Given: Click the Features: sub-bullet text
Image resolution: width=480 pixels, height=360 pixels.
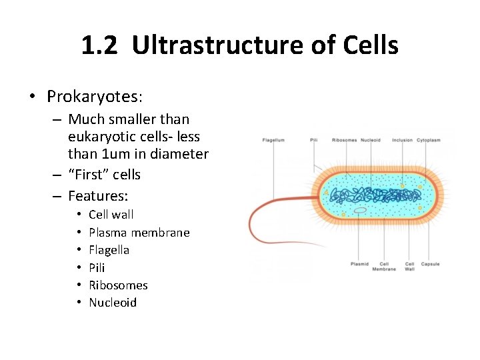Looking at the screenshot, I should click(98, 196).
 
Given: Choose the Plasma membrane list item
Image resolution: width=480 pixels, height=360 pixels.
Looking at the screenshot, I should click(139, 233).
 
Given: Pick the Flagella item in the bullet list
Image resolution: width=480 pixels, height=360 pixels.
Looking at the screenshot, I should click(109, 250).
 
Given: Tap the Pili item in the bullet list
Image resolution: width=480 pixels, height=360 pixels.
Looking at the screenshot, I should click(97, 268).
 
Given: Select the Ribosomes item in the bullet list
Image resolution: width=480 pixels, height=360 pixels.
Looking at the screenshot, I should click(118, 285).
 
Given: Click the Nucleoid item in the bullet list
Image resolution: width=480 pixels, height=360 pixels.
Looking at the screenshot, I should click(112, 303).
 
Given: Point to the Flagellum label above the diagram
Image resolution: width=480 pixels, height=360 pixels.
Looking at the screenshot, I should click(273, 141).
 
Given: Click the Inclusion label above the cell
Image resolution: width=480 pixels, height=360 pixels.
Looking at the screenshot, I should click(402, 141).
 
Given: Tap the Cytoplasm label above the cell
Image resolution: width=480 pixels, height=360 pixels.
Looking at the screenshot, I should click(429, 141).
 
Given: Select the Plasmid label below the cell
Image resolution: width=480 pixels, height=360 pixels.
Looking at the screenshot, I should click(359, 264).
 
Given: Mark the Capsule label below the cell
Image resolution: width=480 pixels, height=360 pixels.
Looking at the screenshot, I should click(430, 264).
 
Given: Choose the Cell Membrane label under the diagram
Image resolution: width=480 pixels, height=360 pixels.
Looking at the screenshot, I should click(385, 267).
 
